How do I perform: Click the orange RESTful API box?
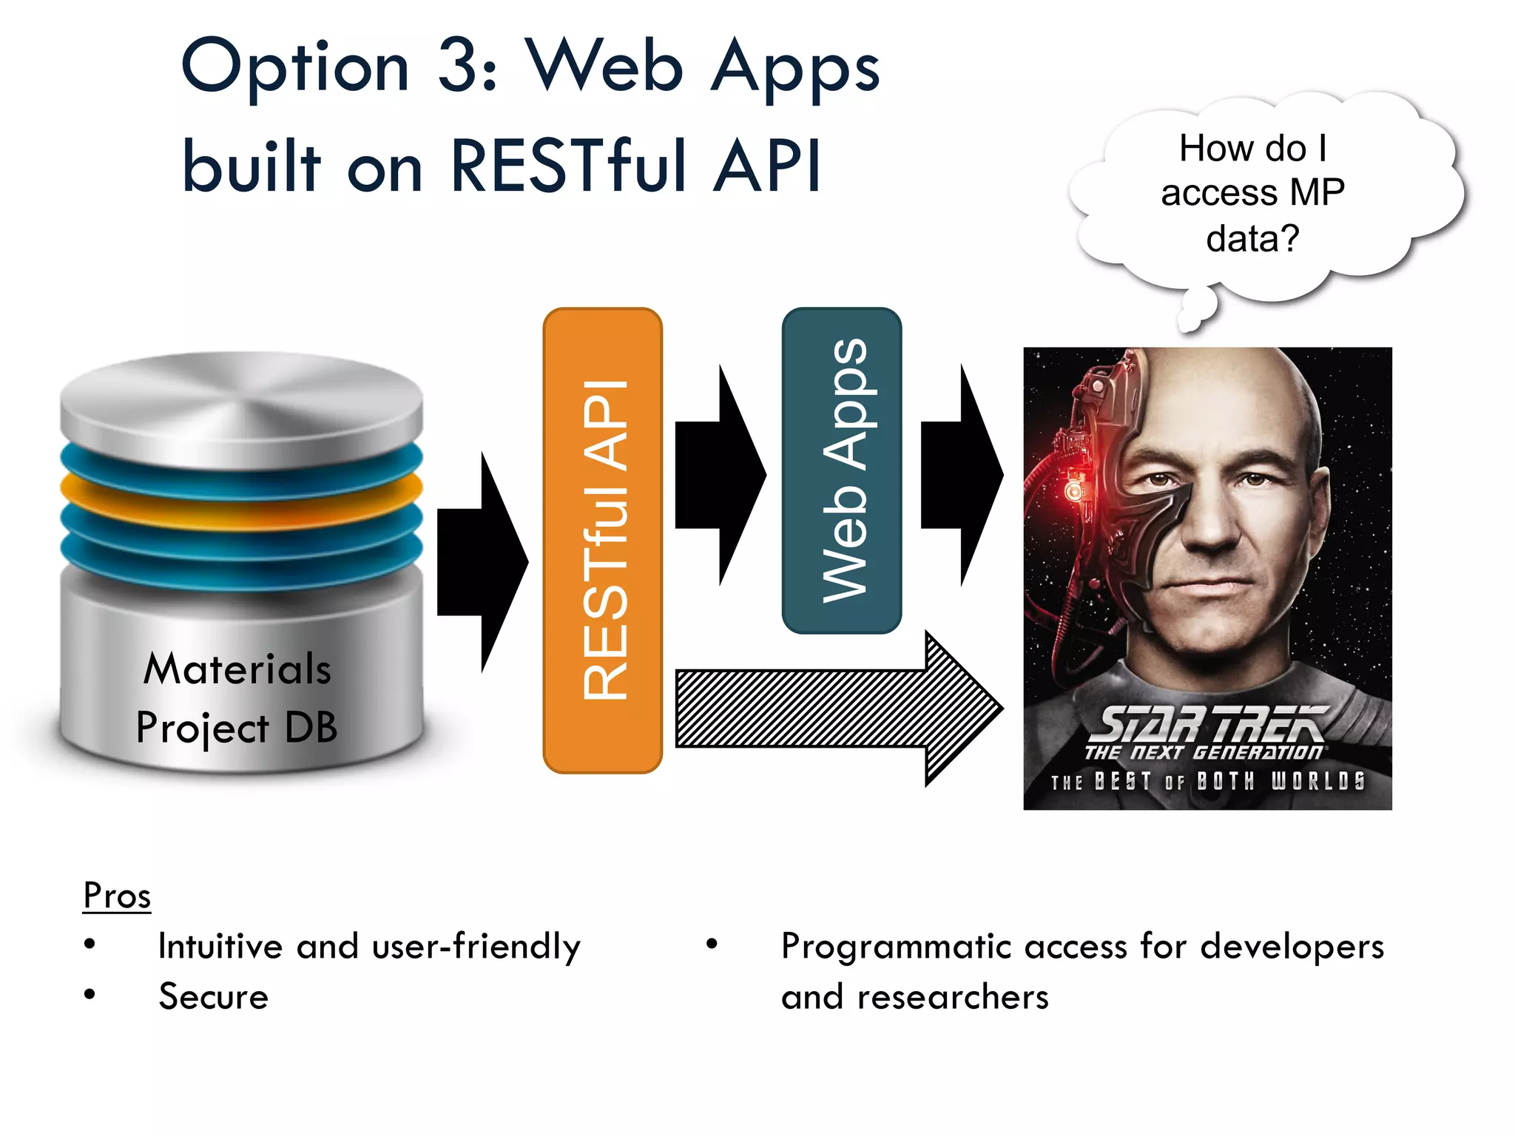pyautogui.click(x=602, y=541)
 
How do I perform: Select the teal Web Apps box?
pyautogui.click(x=841, y=470)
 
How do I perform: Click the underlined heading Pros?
pyautogui.click(x=117, y=896)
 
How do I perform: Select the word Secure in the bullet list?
pyautogui.click(x=214, y=997)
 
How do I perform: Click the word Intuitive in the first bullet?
pyautogui.click(x=220, y=947)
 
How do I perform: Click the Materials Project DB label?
pyautogui.click(x=237, y=697)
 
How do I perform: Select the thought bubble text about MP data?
pyautogui.click(x=1252, y=193)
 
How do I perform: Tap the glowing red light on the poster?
pyautogui.click(x=1072, y=490)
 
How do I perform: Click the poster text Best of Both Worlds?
pyautogui.click(x=1207, y=782)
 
